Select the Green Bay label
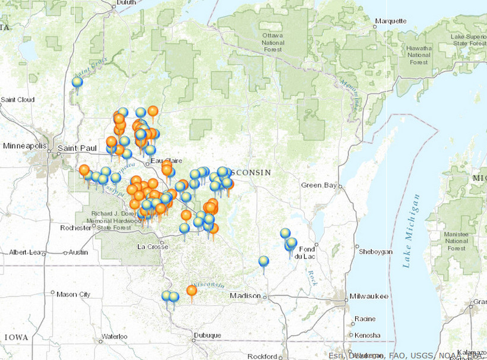(x=319, y=185)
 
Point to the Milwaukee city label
(x=368, y=296)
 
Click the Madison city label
(x=245, y=296)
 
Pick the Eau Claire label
(x=165, y=161)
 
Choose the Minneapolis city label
(x=24, y=146)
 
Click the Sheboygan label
(x=375, y=252)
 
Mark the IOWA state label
(x=16, y=337)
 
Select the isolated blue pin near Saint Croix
(x=77, y=83)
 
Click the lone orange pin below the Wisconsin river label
(x=191, y=290)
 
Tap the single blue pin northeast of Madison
(x=264, y=261)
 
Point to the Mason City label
(x=74, y=294)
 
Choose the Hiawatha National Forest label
(x=419, y=55)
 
